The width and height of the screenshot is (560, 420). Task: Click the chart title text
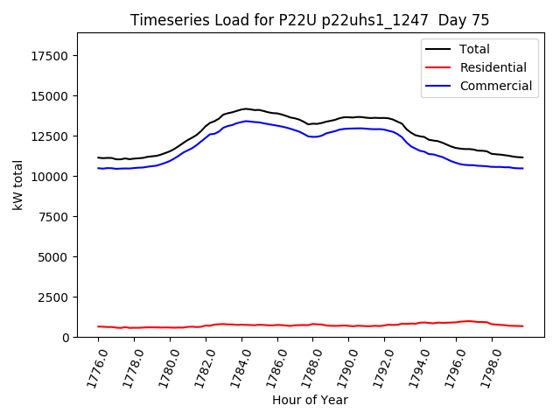(x=310, y=20)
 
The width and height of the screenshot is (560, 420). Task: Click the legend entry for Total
(x=474, y=49)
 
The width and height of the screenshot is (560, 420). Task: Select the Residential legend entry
(x=493, y=67)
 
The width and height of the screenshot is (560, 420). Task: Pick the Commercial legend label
(x=495, y=86)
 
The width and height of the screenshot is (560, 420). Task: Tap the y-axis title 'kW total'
(x=17, y=185)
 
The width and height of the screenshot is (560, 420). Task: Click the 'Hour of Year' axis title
(x=310, y=400)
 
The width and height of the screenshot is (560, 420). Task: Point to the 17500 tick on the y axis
(x=51, y=56)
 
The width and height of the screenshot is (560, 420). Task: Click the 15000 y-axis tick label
(x=51, y=96)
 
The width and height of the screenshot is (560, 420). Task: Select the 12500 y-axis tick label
(x=51, y=136)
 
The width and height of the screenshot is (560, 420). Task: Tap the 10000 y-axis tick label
(x=51, y=177)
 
